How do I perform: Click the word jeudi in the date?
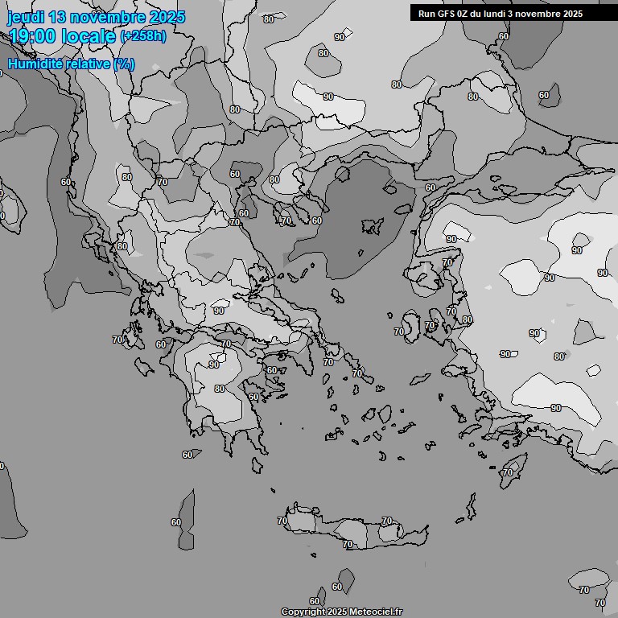[26, 17]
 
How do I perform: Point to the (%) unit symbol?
[124, 64]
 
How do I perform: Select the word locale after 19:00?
[89, 36]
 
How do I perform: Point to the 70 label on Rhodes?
[507, 472]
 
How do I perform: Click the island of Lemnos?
[372, 226]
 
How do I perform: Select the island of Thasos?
[342, 173]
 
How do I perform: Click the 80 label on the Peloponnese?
[220, 389]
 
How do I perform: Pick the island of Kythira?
[257, 465]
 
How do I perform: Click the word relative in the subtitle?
[87, 64]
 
